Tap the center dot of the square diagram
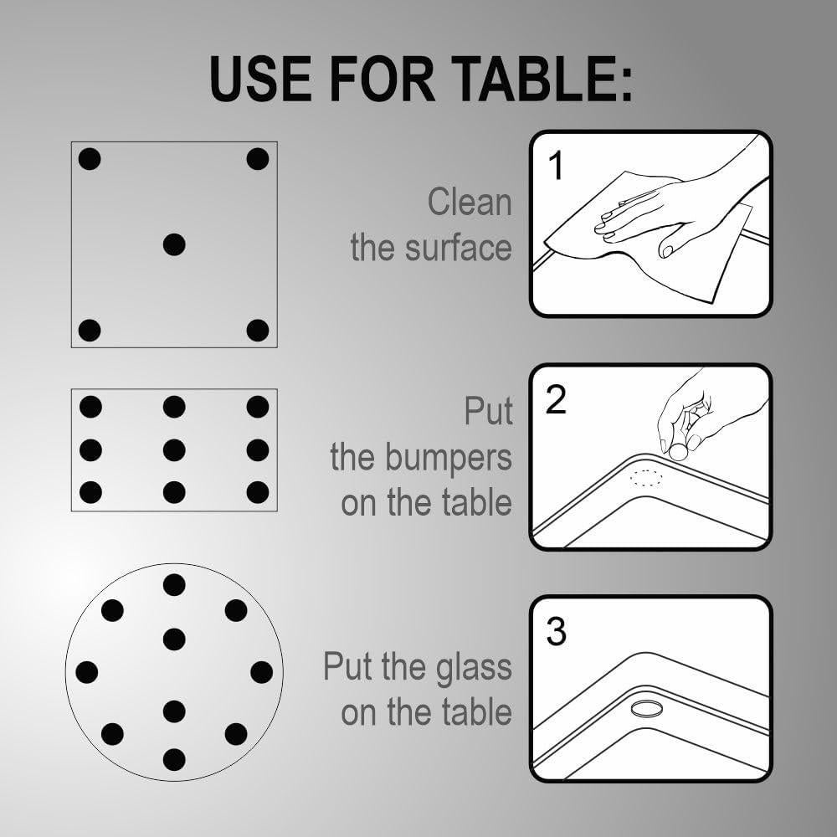coord(174,244)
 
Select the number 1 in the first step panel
coord(555,167)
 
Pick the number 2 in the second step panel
coord(556,401)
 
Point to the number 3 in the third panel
coord(556,632)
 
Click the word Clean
coord(469,203)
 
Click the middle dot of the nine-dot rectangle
coord(174,450)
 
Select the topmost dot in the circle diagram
coord(174,584)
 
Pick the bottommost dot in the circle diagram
coord(174,759)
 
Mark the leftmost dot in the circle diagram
coord(87,672)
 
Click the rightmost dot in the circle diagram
coord(261,672)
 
